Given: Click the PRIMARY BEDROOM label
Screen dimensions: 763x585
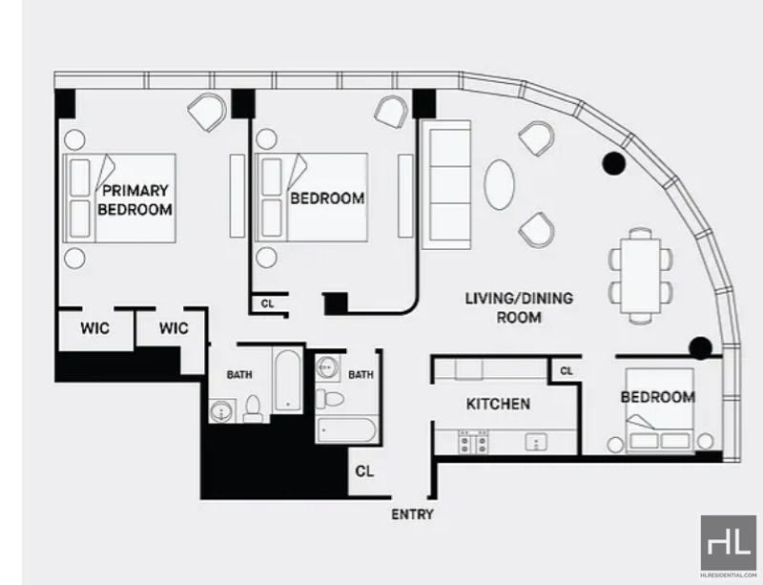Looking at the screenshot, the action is point(134,199).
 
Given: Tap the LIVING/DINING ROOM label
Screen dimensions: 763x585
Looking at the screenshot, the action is point(519,308).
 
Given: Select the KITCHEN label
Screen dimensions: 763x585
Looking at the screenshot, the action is point(498,404).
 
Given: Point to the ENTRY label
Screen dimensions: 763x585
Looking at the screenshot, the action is point(412,514).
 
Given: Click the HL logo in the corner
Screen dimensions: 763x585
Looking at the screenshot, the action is point(729,543).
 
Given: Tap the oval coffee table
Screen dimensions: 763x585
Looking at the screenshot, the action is point(499,184).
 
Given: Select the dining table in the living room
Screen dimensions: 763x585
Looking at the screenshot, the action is point(641,276).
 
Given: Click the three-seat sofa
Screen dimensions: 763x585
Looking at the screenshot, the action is point(446,185).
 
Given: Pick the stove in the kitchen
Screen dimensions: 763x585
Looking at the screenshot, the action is point(473,441).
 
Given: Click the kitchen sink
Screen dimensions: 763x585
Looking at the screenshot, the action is point(536,443).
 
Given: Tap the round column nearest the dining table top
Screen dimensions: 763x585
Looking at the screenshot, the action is point(613,163).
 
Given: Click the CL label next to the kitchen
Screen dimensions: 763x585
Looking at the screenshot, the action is point(567,371).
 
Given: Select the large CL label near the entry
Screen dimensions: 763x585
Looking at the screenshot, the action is point(364,471).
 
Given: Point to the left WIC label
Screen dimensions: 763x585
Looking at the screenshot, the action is point(94,328).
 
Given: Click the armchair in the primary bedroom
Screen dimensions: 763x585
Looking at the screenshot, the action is point(207,112).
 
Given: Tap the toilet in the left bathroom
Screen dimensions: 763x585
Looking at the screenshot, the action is point(253,409).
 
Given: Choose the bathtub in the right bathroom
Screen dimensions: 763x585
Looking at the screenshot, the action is point(346,429).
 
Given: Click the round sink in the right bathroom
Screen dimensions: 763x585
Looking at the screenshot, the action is point(326,367).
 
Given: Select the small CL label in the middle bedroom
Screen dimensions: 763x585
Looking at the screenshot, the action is point(268,303).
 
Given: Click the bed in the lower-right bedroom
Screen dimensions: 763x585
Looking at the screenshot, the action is point(659,410).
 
